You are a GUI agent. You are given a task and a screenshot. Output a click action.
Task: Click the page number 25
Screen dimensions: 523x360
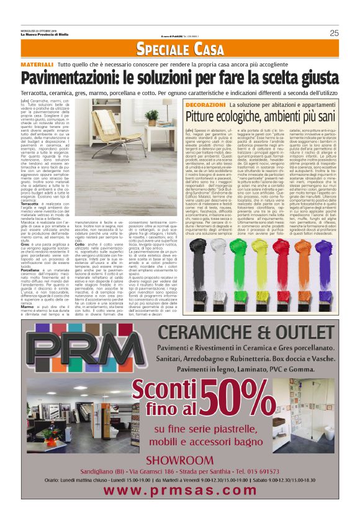333,33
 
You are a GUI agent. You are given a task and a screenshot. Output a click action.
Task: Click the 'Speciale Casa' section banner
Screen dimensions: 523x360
179,50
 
